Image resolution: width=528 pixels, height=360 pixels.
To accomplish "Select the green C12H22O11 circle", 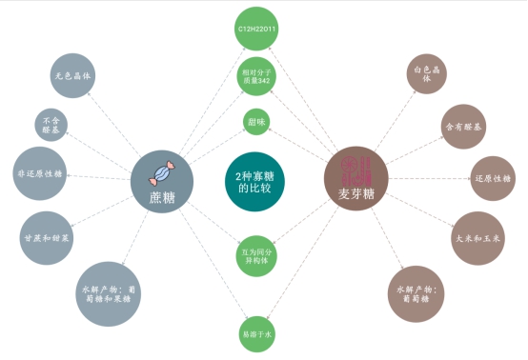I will pos(256,30).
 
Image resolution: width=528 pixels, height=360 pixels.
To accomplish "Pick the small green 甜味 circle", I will pos(256,123).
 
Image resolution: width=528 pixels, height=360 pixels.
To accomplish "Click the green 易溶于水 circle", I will pos(256,333).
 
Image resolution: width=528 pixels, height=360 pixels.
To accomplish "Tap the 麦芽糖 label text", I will pos(356,194).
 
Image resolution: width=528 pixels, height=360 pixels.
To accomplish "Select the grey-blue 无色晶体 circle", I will pos(73,76).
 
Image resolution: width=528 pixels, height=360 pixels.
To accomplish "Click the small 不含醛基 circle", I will pos(51,124).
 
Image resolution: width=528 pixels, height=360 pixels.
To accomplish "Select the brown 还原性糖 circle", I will pos(493,178).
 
